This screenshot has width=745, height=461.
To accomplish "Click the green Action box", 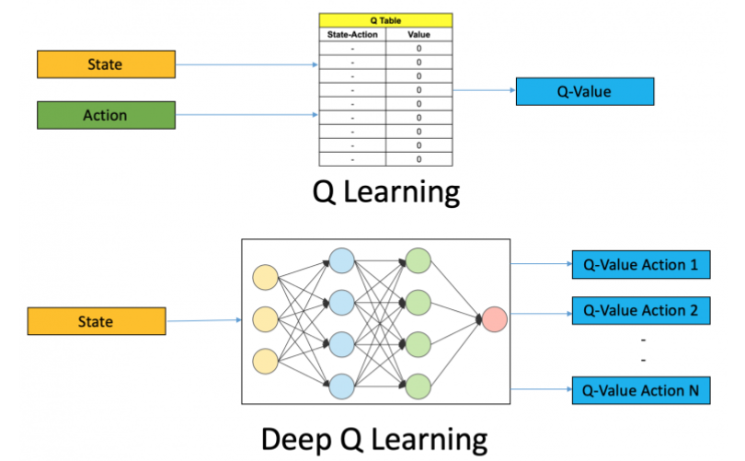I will point(106,115).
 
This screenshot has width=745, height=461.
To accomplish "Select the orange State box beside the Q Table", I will point(106,64).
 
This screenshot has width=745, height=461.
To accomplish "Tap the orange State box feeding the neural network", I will point(96,321).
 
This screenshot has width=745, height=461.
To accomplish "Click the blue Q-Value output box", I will point(584,91).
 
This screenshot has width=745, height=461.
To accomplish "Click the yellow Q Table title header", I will point(385,18).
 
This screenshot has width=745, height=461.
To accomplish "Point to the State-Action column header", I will point(350,34).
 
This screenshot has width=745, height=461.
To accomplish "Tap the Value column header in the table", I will point(418,34).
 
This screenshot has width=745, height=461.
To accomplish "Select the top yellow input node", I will point(264,276).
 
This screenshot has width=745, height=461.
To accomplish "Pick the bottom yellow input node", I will point(264,360).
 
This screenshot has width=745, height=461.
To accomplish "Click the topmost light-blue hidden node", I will point(342,260).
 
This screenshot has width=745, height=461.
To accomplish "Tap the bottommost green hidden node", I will point(418,384).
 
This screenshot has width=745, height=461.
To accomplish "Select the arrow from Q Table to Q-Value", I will point(482,91).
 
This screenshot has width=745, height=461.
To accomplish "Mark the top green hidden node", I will point(418,260).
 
